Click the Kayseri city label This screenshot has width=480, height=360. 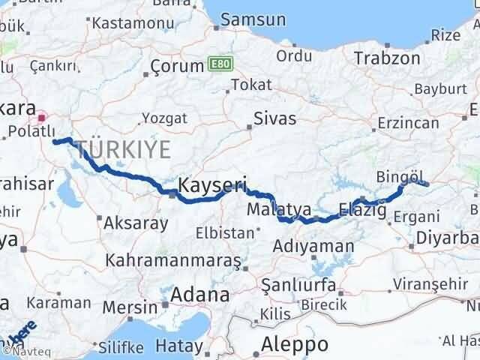point(212,183)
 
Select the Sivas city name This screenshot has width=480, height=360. point(274,118)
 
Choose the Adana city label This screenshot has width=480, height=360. point(199,294)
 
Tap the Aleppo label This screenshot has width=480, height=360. point(295,344)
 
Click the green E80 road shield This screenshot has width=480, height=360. point(218,64)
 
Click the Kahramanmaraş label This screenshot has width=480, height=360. point(173,261)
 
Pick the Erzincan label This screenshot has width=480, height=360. point(407,122)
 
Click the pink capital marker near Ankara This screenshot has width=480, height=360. point(42,117)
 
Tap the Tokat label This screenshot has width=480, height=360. point(251,85)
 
